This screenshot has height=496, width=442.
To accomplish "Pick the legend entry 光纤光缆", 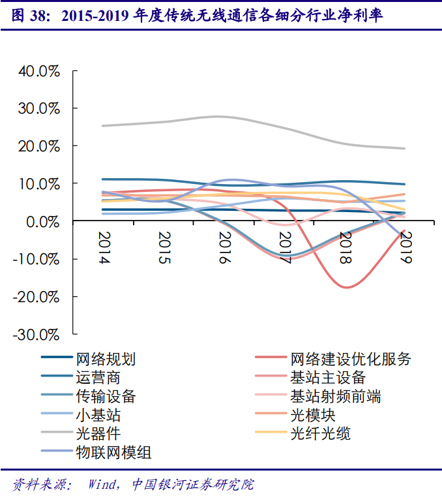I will pyautogui.click(x=320, y=433).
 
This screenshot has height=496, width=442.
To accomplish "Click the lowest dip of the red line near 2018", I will pyautogui.click(x=346, y=287).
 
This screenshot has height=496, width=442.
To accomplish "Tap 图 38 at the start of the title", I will pyautogui.click(x=26, y=16).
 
